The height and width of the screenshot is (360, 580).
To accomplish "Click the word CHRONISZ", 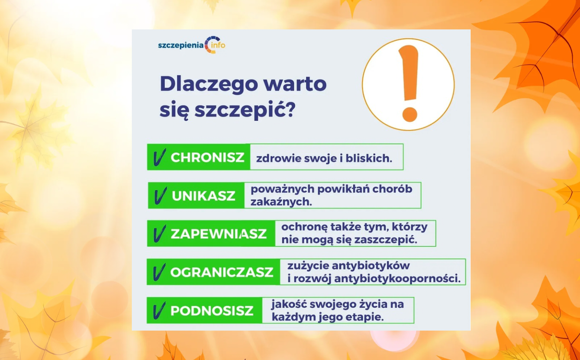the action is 207,157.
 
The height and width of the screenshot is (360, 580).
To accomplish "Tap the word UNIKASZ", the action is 203,196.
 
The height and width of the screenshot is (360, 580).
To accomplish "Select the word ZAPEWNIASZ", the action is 218,234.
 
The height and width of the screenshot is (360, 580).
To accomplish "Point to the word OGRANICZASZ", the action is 221,272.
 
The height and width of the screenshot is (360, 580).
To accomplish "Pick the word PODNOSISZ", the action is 212,310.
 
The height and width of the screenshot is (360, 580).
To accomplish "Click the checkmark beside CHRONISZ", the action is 159,157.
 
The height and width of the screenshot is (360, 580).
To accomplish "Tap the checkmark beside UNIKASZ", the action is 160,195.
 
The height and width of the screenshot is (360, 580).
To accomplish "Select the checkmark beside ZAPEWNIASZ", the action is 159,234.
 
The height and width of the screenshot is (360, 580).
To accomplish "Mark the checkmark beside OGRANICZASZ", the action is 159,272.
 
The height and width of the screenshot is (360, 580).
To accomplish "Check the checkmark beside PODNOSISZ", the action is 159,310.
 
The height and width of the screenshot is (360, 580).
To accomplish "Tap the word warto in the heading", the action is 295,84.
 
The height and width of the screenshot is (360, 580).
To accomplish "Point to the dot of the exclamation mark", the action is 410,114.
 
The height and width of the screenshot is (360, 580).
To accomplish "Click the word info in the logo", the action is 218,45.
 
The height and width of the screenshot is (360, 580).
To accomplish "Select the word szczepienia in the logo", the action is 181,46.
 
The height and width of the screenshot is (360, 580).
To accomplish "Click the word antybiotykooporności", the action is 398,279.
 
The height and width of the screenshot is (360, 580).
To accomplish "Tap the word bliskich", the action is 369,158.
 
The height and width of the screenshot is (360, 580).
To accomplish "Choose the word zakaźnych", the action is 281,202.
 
